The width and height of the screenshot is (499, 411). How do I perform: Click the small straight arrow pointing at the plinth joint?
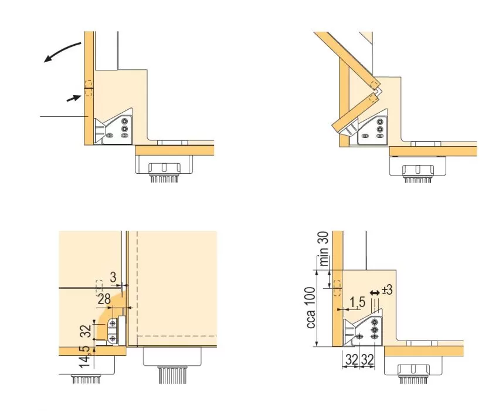point(73,98)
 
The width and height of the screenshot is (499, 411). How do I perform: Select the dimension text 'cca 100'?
point(311,308)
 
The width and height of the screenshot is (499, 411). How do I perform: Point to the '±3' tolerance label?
point(387,290)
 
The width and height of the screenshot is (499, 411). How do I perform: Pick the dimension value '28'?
point(104,299)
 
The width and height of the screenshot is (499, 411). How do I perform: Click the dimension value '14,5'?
point(84,356)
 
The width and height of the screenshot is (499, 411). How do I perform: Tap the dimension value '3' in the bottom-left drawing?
point(113,277)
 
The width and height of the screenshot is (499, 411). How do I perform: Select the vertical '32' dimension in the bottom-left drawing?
point(86,331)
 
